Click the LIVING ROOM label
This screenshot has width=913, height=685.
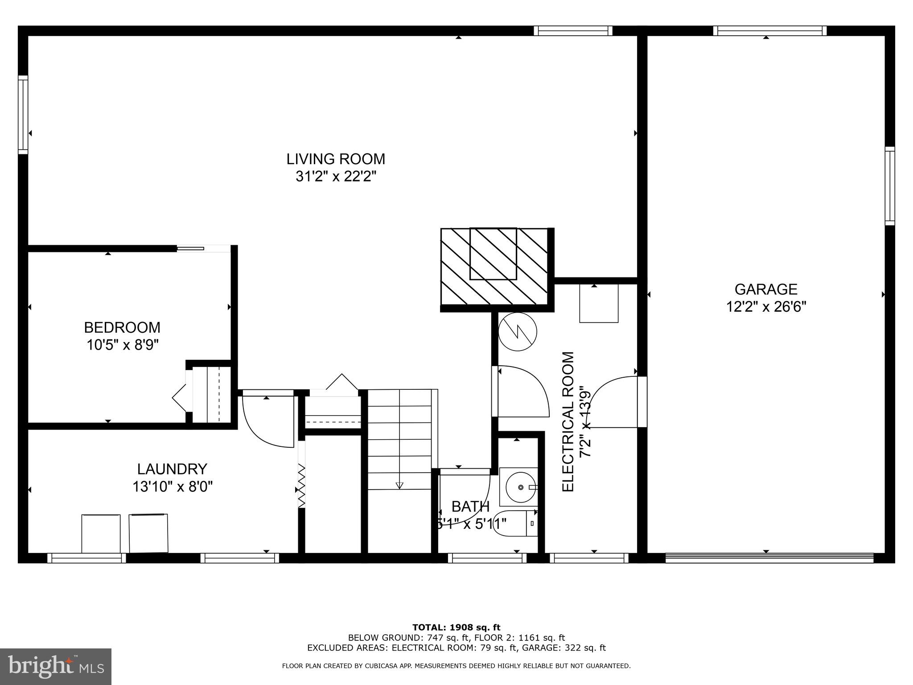[335, 159]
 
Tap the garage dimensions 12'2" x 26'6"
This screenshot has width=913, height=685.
[766, 307]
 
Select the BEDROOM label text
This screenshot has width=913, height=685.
[122, 327]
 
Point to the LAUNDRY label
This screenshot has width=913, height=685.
[172, 469]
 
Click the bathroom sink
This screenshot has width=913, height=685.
[519, 487]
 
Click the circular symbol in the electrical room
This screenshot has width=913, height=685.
[517, 332]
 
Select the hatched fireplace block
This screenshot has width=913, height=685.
[494, 266]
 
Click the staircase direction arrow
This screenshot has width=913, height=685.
[399, 485]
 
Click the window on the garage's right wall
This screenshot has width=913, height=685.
[889, 186]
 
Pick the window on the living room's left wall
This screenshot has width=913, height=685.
[23, 115]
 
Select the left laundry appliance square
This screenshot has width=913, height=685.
[101, 533]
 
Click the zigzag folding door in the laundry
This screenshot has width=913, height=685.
[302, 486]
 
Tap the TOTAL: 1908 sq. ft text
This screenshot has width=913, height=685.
[456, 627]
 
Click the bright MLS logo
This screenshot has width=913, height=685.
[56, 666]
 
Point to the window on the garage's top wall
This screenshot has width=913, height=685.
[770, 31]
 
